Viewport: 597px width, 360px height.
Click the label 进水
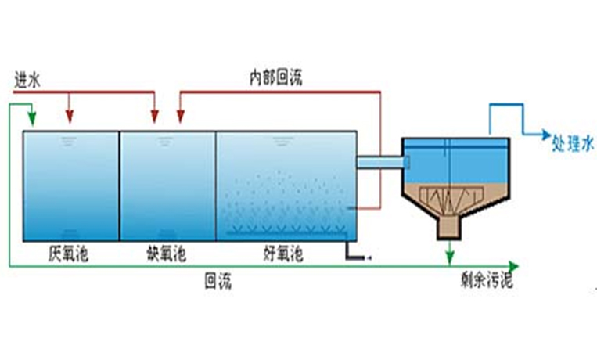(27, 81)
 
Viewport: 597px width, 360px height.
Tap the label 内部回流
(275, 77)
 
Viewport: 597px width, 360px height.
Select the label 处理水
(574, 142)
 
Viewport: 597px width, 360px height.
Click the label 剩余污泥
(485, 281)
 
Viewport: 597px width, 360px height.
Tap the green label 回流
(218, 281)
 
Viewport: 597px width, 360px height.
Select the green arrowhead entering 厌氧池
(32, 121)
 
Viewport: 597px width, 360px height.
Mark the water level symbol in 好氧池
(279, 142)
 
